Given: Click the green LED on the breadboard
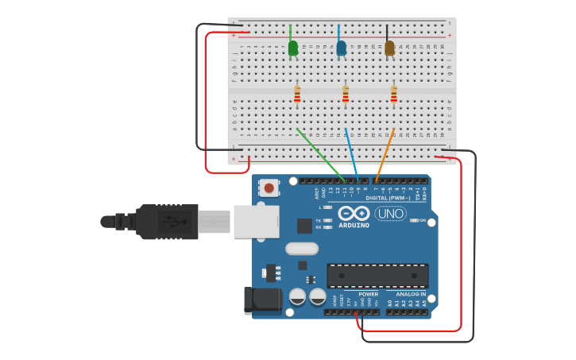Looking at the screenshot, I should pyautogui.click(x=293, y=48).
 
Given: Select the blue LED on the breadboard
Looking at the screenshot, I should pyautogui.click(x=342, y=48).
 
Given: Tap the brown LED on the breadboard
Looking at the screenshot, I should pyautogui.click(x=389, y=48).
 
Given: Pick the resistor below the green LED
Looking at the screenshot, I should pyautogui.click(x=297, y=95).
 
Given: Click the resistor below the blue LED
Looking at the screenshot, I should pyautogui.click(x=346, y=95).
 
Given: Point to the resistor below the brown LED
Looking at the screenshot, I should pyautogui.click(x=393, y=95).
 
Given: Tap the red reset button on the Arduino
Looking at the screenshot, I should pyautogui.click(x=269, y=188).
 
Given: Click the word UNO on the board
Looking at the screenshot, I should pyautogui.click(x=390, y=214).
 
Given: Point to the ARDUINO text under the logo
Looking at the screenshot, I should pyautogui.click(x=354, y=225).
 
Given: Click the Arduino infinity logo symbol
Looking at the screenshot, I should pyautogui.click(x=354, y=213).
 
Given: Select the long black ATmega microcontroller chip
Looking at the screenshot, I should pyautogui.click(x=377, y=276).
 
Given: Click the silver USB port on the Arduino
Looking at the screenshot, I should pyautogui.click(x=256, y=222).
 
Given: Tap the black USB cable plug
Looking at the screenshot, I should pyautogui.click(x=167, y=222).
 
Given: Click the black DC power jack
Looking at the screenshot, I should pyautogui.click(x=264, y=300).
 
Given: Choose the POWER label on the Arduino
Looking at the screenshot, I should pyautogui.click(x=368, y=294).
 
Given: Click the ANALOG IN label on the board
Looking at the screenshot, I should pyautogui.click(x=411, y=294).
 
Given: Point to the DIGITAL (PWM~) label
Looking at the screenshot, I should pyautogui.click(x=388, y=198).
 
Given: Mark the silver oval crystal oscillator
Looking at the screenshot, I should pyautogui.click(x=302, y=248).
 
